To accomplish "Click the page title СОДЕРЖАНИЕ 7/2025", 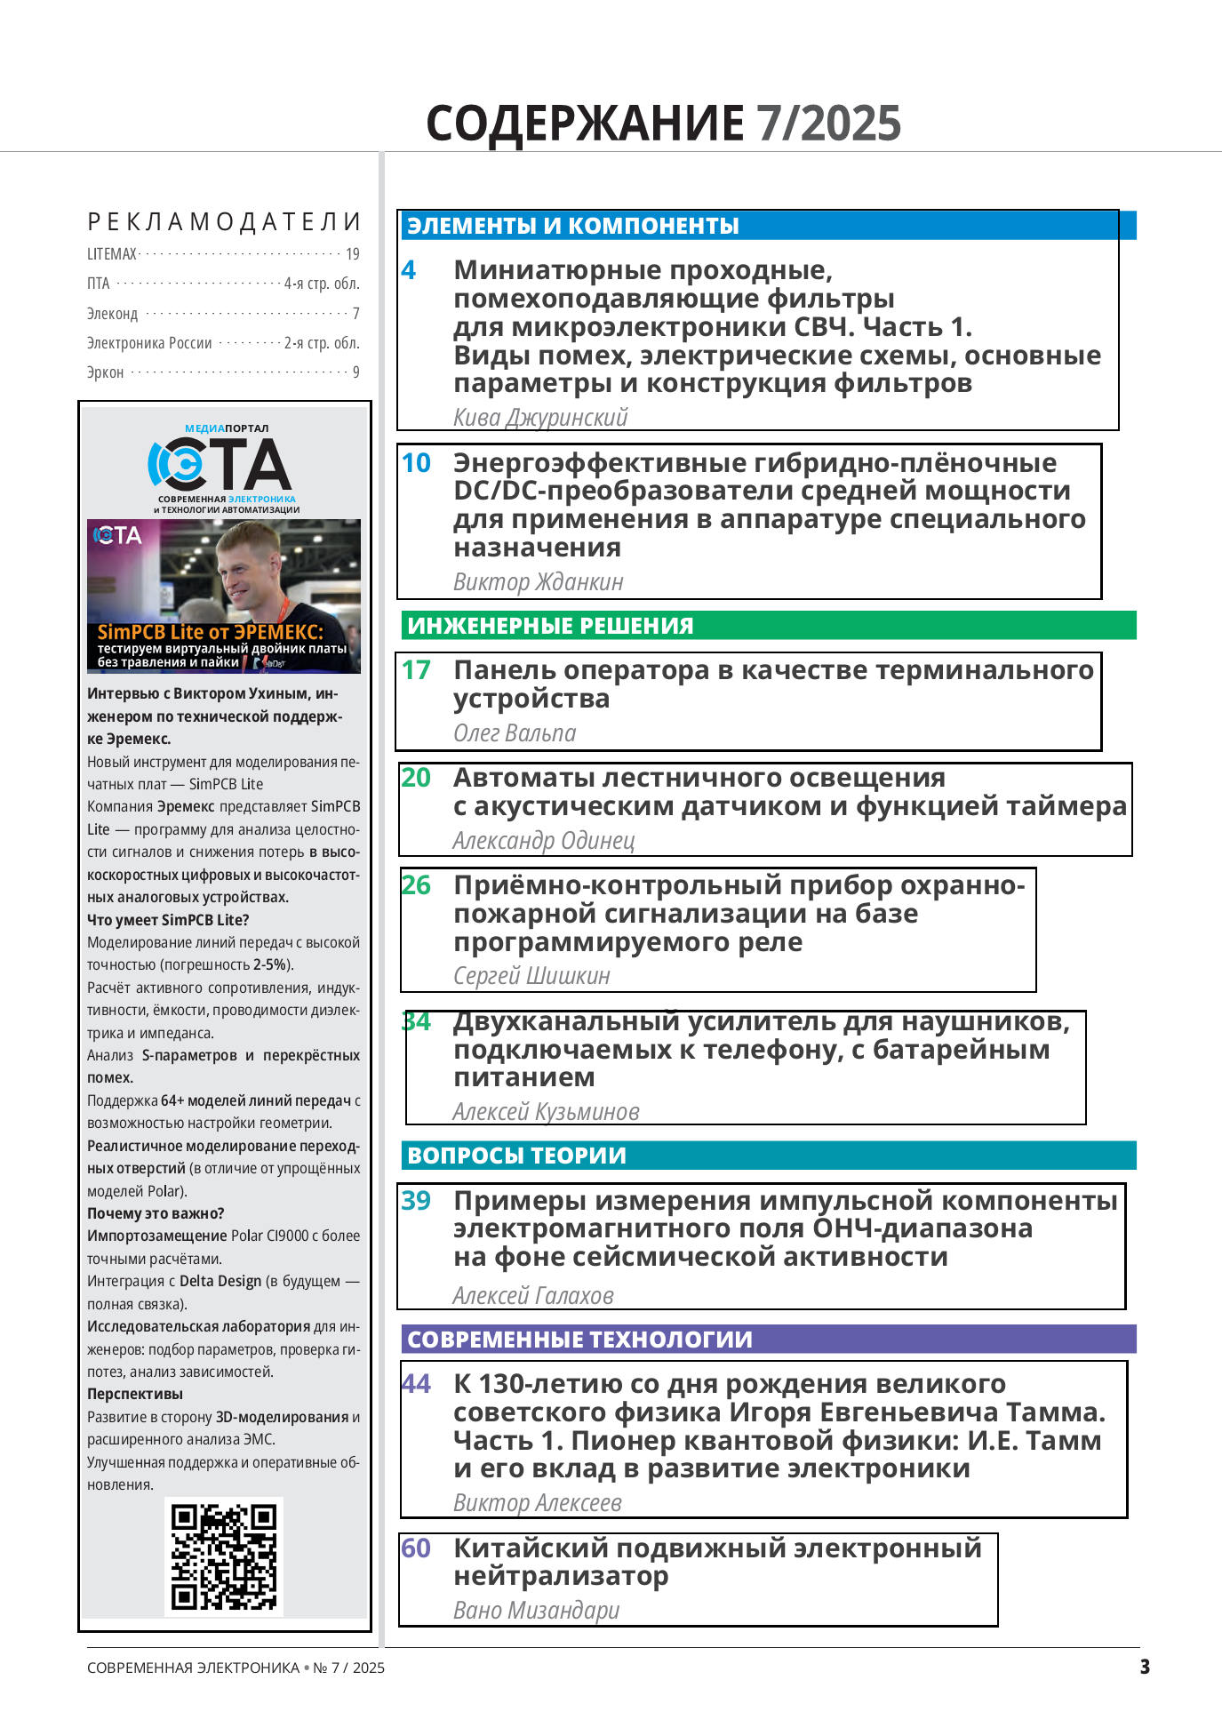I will tap(663, 123).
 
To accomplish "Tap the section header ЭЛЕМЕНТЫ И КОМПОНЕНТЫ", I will tap(573, 226).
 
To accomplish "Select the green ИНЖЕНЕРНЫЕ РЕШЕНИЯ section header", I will tap(550, 626).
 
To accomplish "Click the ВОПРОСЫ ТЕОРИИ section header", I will tap(516, 1156).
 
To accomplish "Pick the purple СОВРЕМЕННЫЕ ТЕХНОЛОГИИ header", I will tap(579, 1340).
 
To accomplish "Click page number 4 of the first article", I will tap(409, 270).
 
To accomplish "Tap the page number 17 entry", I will tap(416, 670).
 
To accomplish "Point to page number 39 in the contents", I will tap(416, 1201).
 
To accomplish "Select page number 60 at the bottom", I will tap(416, 1548).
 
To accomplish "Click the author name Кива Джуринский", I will tap(540, 417).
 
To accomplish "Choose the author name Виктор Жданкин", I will tap(539, 581).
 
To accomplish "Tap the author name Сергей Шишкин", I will tap(531, 976).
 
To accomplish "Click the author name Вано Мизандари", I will tap(536, 1610).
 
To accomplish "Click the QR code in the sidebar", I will tap(224, 1556).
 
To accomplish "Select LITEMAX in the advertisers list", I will tap(112, 254).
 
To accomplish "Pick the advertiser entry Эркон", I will tap(105, 372).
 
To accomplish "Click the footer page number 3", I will tap(1145, 1667).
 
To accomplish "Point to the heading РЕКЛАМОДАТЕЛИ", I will tap(224, 221).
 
